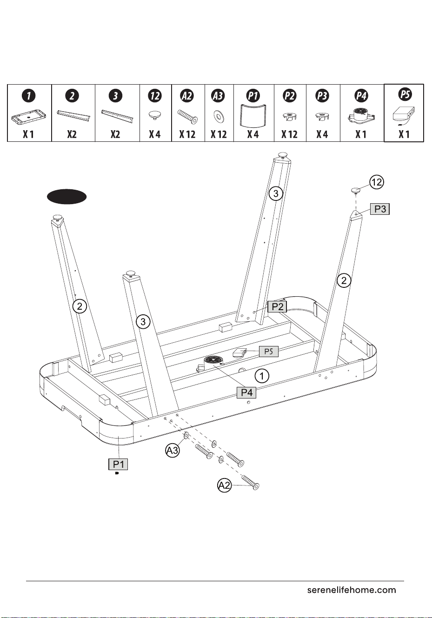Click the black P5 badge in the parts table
click(x=405, y=94)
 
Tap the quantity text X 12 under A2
click(x=187, y=134)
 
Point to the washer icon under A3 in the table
click(x=219, y=116)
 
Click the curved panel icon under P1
click(x=253, y=115)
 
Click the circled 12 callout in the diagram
click(x=377, y=182)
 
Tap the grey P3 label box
click(x=380, y=209)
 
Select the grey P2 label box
click(x=277, y=306)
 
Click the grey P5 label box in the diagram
click(x=268, y=351)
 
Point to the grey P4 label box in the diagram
click(x=246, y=392)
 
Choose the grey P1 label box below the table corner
click(x=118, y=464)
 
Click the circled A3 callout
click(x=172, y=451)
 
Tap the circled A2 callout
click(x=224, y=485)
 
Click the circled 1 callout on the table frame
click(x=261, y=376)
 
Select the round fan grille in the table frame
click(x=213, y=361)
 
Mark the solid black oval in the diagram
click(x=66, y=197)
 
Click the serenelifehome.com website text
click(x=352, y=590)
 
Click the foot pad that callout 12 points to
click(x=356, y=191)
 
